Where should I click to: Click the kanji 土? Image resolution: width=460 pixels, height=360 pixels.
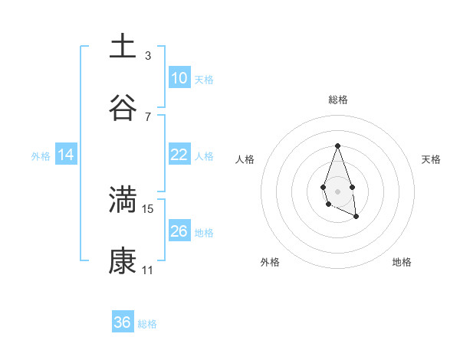pyautogui.click(x=123, y=46)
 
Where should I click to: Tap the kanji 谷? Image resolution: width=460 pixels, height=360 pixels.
pyautogui.click(x=123, y=107)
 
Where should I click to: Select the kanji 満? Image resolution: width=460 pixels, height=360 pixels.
pyautogui.click(x=123, y=199)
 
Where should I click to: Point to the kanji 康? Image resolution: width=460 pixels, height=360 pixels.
pyautogui.click(x=123, y=261)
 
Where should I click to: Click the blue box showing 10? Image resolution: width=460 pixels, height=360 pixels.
pyautogui.click(x=179, y=77)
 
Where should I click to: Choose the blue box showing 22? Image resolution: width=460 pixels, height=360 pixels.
pyautogui.click(x=179, y=155)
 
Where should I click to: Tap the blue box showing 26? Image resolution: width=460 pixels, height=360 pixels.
pyautogui.click(x=179, y=231)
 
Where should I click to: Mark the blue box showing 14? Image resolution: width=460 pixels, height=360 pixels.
pyautogui.click(x=66, y=155)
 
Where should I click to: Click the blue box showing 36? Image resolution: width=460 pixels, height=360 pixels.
pyautogui.click(x=122, y=322)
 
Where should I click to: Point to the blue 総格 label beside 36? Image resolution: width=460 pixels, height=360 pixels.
pyautogui.click(x=147, y=324)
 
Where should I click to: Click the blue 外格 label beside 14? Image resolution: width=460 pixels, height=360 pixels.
pyautogui.click(x=41, y=156)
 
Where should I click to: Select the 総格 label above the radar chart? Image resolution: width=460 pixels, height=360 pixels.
pyautogui.click(x=338, y=100)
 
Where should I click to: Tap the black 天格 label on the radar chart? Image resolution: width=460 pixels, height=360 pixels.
pyautogui.click(x=431, y=159)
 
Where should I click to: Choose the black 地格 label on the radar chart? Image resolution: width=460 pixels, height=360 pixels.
pyautogui.click(x=402, y=262)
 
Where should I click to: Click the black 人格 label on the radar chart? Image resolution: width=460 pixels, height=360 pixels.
pyautogui.click(x=245, y=159)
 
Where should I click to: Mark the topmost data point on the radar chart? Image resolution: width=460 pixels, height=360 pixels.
pyautogui.click(x=337, y=146)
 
